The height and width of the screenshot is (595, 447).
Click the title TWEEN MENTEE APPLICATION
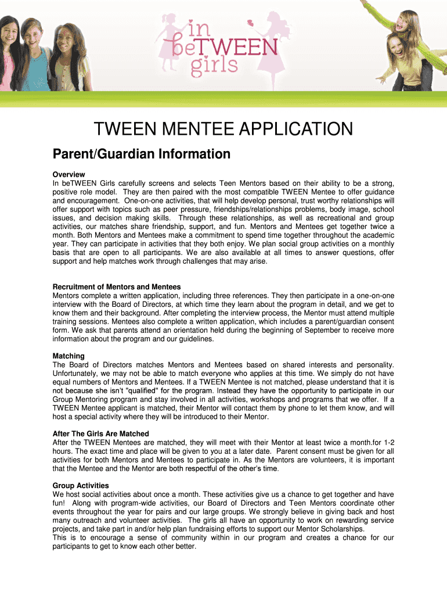click(223, 128)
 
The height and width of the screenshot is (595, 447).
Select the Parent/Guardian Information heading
click(141, 154)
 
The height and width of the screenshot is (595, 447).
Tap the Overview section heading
click(69, 174)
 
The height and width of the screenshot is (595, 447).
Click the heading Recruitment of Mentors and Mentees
click(117, 286)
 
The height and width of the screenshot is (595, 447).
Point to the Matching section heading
click(69, 356)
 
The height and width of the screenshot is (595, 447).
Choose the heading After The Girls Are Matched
click(101, 433)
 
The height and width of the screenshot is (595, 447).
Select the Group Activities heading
click(81, 485)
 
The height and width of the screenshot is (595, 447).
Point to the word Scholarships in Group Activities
click(341, 529)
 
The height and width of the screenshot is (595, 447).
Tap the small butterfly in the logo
click(251, 24)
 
